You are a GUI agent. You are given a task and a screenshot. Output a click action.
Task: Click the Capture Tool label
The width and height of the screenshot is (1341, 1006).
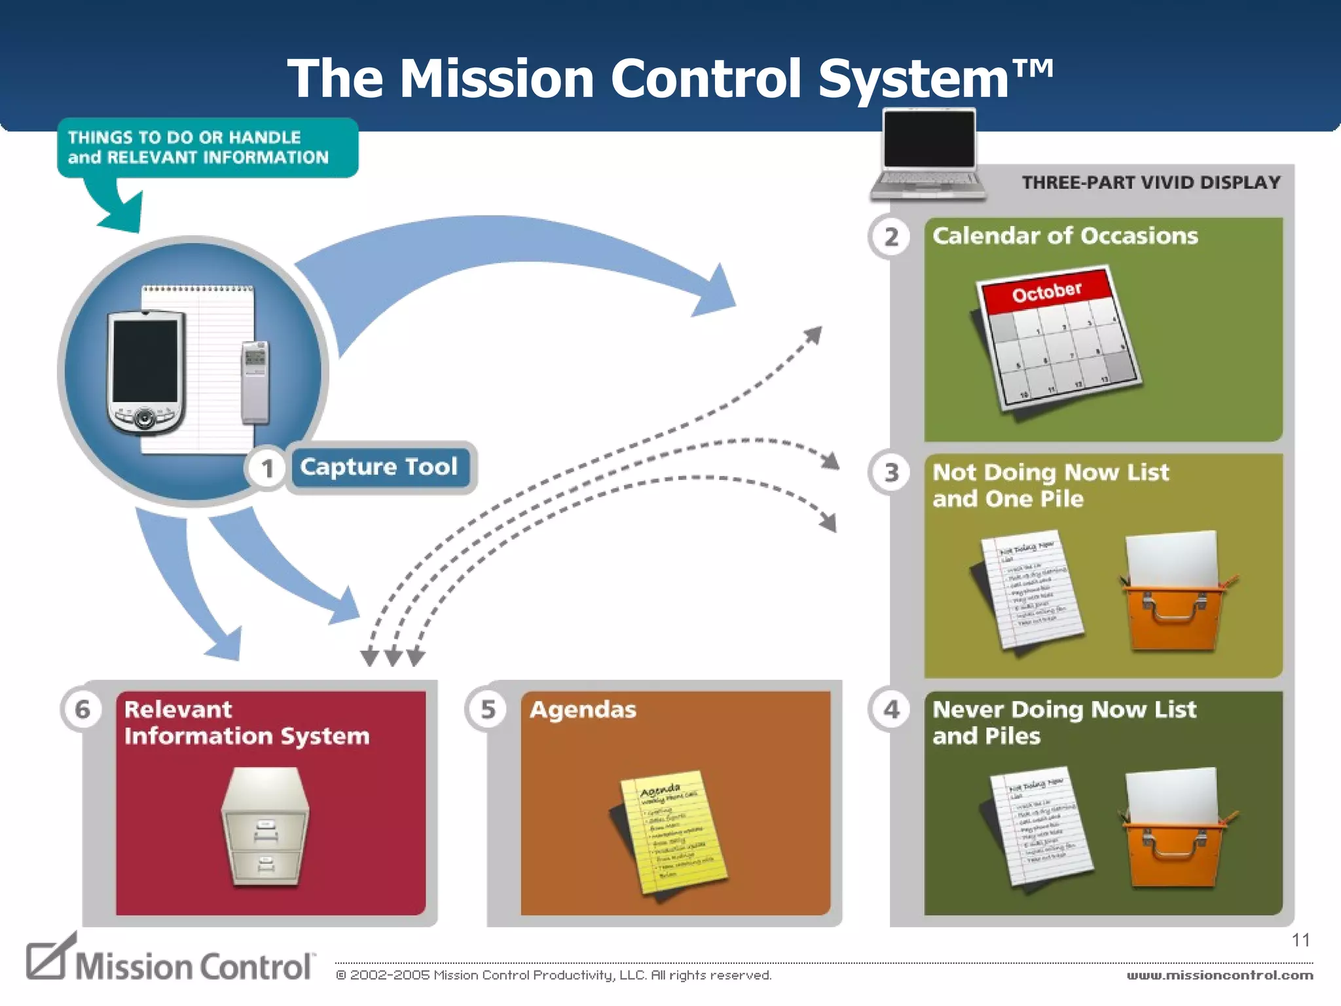point(378,467)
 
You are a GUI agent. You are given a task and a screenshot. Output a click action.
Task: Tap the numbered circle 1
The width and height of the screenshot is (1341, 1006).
point(266,469)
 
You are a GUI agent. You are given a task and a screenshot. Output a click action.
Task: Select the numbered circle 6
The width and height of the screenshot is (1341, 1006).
point(82,709)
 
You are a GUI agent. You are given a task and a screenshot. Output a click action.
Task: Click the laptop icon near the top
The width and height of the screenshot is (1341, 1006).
point(928,154)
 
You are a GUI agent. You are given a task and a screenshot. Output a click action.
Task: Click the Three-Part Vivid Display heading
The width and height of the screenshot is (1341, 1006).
point(1150,183)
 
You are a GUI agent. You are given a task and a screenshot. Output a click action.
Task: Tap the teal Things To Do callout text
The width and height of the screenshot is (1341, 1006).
point(198,147)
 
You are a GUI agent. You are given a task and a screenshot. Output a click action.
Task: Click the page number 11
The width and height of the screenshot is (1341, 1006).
point(1300,941)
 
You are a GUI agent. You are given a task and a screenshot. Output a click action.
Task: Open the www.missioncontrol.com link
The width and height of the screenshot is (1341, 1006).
point(1219,975)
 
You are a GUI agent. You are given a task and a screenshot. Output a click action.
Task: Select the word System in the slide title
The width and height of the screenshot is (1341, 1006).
point(913,79)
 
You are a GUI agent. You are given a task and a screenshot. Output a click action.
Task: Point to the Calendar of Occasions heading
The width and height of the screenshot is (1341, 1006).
point(1065,236)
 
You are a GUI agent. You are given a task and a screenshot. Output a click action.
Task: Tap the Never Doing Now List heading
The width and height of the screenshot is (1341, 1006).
point(1064,710)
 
